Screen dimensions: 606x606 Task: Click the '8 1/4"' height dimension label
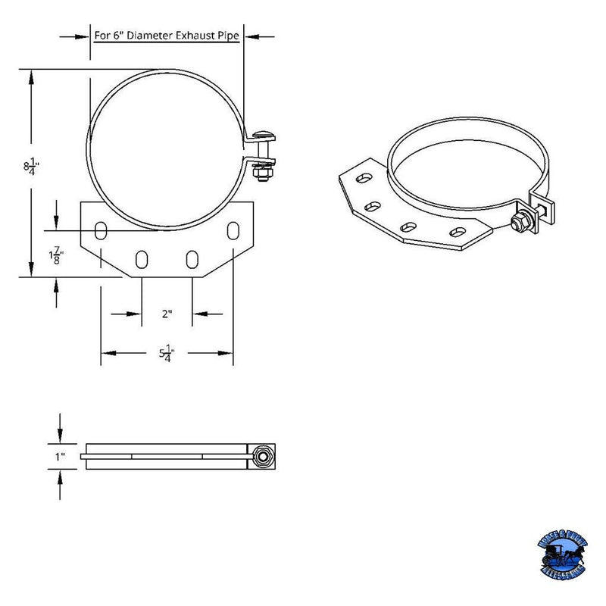point(30,167)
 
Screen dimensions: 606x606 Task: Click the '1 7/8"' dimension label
point(55,257)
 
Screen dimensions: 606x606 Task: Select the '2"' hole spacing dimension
point(167,312)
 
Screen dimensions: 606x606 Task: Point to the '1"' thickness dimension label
point(61,457)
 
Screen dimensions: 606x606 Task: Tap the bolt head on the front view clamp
point(266,136)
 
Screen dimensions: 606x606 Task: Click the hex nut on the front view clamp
point(261,173)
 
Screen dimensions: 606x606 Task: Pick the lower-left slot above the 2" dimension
point(142,258)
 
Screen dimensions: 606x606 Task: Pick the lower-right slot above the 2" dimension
point(192,258)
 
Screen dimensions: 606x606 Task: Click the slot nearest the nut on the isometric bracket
point(456,232)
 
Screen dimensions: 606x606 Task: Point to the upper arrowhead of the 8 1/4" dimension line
point(31,76)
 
